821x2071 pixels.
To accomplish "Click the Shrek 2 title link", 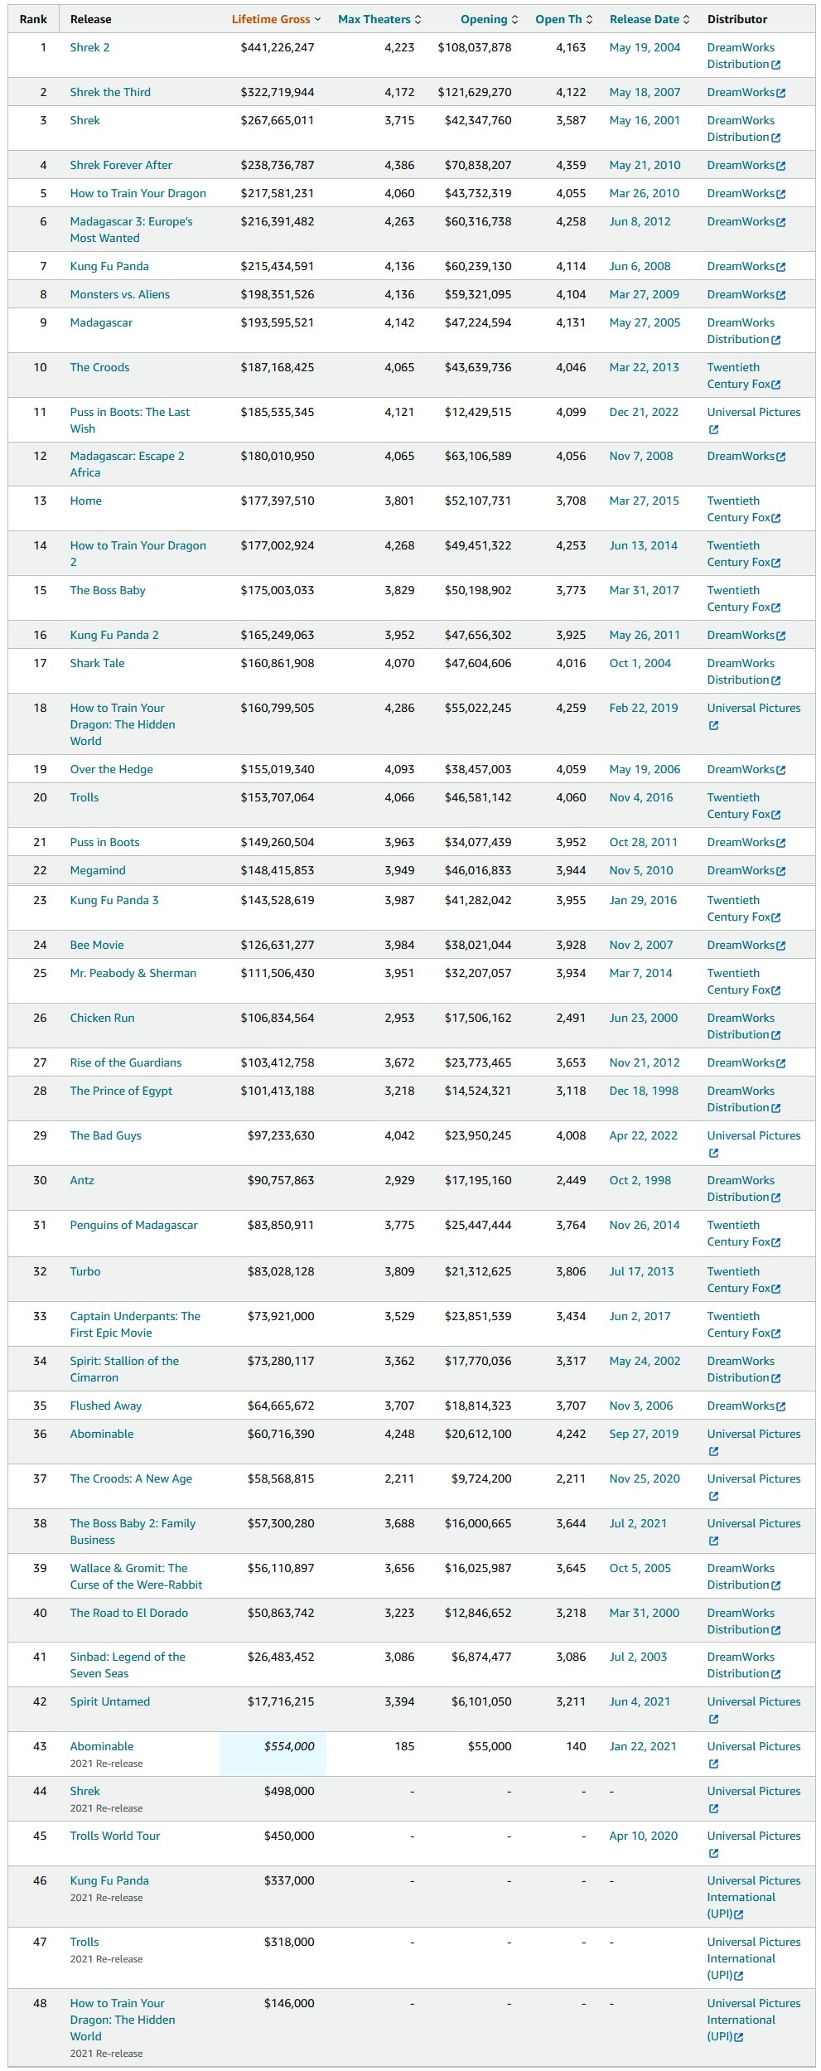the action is tap(89, 47).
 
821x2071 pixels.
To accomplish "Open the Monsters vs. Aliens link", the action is tap(120, 294).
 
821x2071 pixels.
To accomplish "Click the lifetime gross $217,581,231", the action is tap(278, 193).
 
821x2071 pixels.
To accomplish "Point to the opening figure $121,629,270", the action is tap(475, 92).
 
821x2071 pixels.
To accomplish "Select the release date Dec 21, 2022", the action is tap(644, 412).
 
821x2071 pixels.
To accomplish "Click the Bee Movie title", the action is tap(97, 945).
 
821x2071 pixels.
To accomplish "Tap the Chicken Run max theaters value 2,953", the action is tap(399, 1018).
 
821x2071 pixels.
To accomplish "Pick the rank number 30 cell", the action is tap(40, 1180).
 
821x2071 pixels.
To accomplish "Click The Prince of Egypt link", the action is tap(121, 1091).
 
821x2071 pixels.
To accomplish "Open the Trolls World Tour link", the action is tap(115, 1836).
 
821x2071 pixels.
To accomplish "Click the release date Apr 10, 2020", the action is tap(644, 1836).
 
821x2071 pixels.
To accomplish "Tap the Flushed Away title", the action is tap(106, 1406).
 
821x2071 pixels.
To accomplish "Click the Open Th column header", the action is tap(564, 19).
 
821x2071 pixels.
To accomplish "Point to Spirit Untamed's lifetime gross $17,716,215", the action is tap(281, 1701).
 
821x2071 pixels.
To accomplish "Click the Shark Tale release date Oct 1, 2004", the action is tap(640, 663).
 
